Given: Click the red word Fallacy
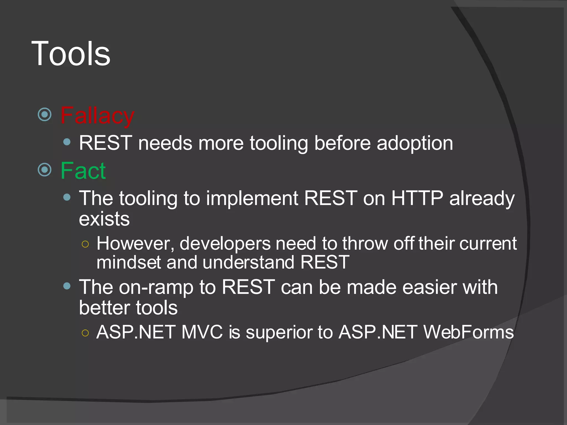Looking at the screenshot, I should coord(97,116).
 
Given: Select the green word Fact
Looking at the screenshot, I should coord(83,171).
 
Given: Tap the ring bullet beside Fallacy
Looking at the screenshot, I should coord(45,115).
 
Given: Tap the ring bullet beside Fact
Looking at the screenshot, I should coord(45,170).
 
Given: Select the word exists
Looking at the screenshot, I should coord(104,219).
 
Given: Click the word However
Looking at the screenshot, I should coord(135,244).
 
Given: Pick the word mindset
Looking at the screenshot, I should coord(128,262).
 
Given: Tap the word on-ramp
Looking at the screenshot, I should coord(156,287).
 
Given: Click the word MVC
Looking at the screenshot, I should coord(202,332).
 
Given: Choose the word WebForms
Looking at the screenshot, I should coord(468,332).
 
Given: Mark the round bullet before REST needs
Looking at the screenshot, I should coord(67,142).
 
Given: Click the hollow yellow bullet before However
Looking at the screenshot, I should coord(85,244).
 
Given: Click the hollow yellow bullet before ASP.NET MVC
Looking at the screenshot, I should coord(85,333).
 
